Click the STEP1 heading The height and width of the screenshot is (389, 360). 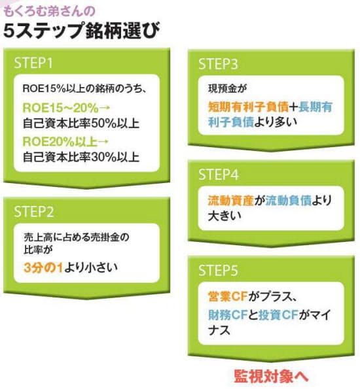(x=33, y=63)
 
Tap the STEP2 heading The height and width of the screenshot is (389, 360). (x=34, y=212)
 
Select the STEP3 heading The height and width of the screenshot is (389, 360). (x=218, y=64)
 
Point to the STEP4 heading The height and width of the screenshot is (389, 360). (x=219, y=175)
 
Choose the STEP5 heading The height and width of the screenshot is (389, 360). (x=218, y=270)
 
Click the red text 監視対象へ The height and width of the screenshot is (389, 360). (x=271, y=377)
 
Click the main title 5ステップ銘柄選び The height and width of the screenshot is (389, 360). (x=81, y=31)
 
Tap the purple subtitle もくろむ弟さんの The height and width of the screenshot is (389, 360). (x=49, y=11)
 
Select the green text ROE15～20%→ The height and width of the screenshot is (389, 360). (x=66, y=108)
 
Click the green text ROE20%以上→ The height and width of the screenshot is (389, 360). (x=65, y=142)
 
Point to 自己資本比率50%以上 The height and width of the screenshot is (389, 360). (x=81, y=124)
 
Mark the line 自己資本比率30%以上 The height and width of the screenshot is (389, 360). (x=81, y=158)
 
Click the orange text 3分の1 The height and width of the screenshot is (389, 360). (x=43, y=267)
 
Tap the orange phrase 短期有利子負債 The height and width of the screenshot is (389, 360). (x=248, y=107)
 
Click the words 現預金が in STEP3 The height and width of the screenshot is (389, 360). (x=227, y=88)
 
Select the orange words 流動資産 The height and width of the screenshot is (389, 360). (x=231, y=201)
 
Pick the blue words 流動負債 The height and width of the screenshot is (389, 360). (x=289, y=201)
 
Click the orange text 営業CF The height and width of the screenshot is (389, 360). (x=228, y=296)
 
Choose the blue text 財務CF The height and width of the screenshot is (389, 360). (x=228, y=315)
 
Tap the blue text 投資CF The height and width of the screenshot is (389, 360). (x=278, y=315)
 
